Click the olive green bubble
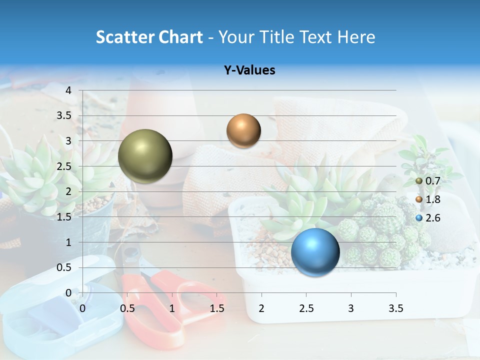point(145,156)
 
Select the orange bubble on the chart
point(243,130)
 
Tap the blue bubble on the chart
point(315,252)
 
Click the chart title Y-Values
point(249,70)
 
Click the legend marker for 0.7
point(419,181)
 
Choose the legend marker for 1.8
point(419,199)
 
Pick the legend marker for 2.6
point(419,218)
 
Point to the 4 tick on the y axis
point(68,90)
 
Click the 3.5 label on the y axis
point(64,116)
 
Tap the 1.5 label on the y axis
point(64,217)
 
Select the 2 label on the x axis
point(261,308)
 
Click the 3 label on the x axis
point(351,308)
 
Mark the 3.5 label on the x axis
point(395,308)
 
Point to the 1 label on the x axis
point(172,308)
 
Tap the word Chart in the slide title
point(180,37)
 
